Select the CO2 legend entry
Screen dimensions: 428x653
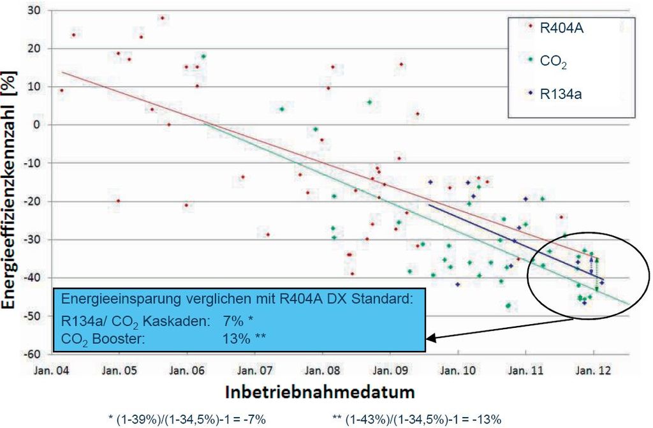coord(554,62)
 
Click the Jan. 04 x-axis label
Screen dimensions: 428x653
coord(52,369)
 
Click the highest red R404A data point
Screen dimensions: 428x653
coord(162,18)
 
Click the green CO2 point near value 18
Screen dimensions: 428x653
coord(203,56)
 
